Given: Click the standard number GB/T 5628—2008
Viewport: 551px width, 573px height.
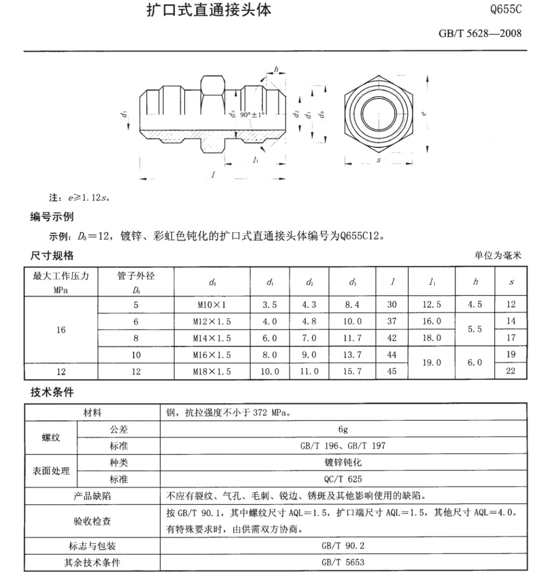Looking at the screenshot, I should pos(479,34).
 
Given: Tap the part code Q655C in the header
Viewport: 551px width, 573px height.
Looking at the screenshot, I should pos(506,10).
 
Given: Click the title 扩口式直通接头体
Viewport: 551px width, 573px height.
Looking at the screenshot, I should pos(209,11).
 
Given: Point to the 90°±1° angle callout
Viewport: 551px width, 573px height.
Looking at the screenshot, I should pos(252,115).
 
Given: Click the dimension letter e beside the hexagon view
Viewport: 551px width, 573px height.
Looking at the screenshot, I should pos(424,113).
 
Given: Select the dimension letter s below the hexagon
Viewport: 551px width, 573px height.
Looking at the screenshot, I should pos(379,161).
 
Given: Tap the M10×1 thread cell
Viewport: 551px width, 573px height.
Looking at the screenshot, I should pos(212,305).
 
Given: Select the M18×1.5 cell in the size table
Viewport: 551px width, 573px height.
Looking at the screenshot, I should pos(212,372).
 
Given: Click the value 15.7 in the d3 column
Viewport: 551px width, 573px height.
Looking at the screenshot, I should pos(352,372).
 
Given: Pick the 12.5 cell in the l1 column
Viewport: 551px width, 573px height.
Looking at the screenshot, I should pos(431,305).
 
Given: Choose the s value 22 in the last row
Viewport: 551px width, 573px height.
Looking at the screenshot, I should pos(510,371).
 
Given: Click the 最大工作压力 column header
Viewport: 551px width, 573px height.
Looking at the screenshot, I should pos(61,276).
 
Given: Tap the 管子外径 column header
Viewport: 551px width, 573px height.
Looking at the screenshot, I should pos(136,276).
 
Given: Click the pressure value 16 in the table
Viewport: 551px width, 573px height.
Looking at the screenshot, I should pos(61,330).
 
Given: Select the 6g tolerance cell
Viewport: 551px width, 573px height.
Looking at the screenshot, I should pos(343,429).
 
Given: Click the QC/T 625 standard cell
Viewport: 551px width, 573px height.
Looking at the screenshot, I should pos(343,479).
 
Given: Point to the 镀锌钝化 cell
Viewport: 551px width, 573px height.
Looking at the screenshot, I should pos(343,462).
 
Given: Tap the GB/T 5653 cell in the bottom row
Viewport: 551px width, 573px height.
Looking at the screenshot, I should pos(343,562).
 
